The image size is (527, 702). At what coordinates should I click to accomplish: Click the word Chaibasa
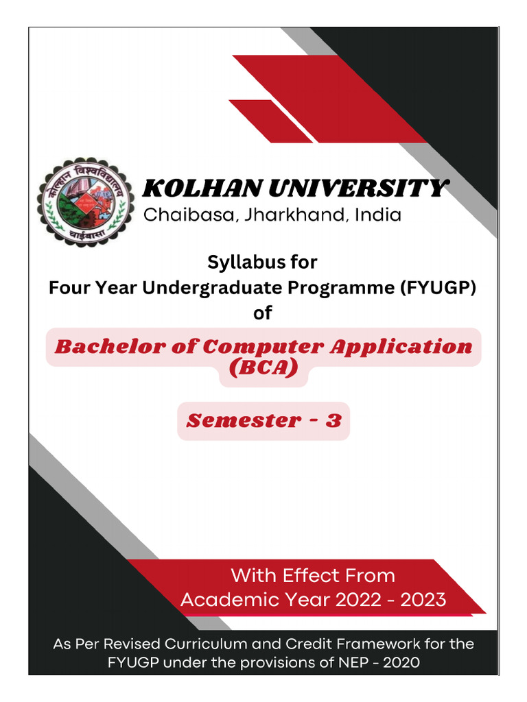click(186, 215)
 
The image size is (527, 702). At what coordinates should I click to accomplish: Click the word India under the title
click(377, 215)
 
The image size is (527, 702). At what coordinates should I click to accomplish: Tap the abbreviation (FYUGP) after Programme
click(439, 288)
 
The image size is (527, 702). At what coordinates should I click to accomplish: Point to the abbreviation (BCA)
click(263, 370)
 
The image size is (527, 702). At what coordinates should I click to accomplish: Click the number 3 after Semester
click(333, 420)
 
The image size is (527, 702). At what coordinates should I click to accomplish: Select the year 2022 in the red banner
click(358, 601)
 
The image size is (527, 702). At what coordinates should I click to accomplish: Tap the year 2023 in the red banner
click(423, 601)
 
